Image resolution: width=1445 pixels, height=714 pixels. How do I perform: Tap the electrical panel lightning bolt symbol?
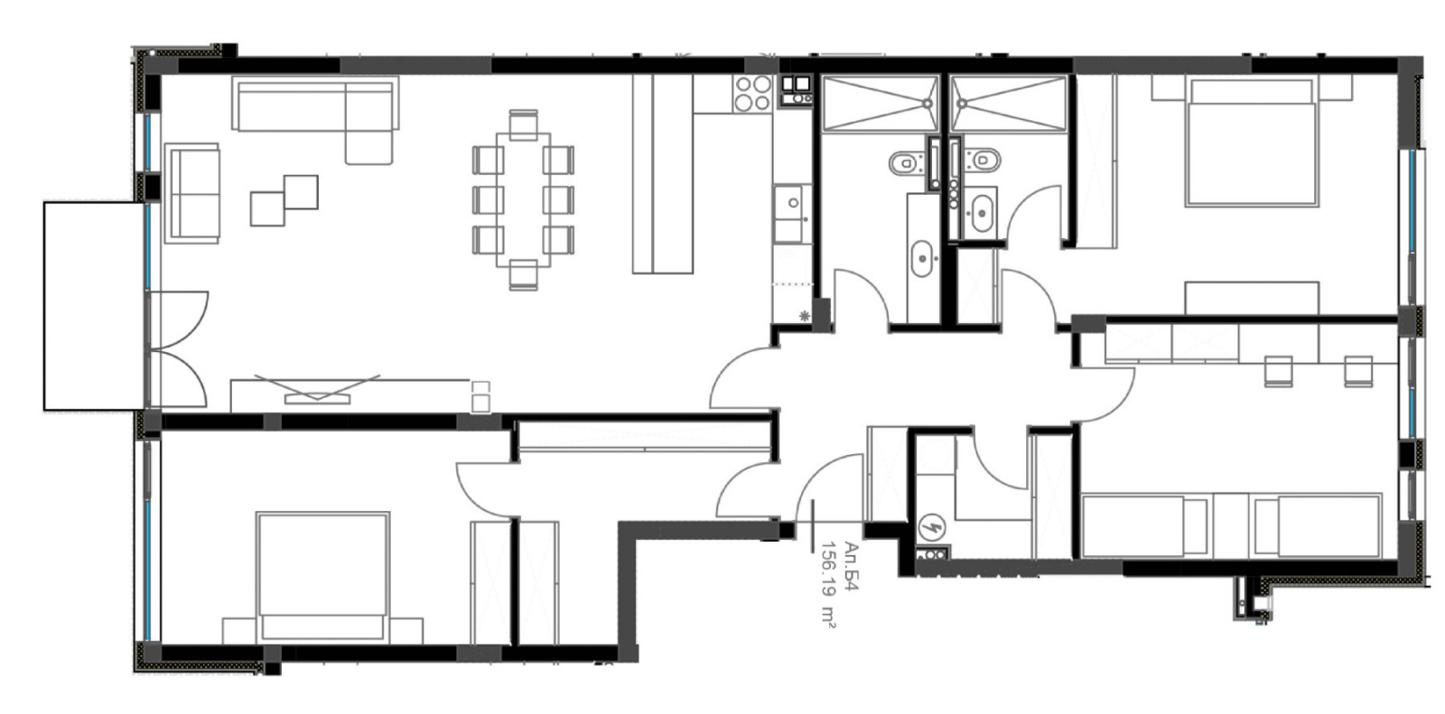930,526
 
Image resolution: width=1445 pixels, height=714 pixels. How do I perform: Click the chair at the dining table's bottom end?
523,274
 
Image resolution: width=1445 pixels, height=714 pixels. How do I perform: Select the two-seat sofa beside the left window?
191,191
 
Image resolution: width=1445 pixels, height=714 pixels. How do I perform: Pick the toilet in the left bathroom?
903,163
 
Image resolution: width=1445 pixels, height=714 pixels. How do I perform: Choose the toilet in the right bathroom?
983,161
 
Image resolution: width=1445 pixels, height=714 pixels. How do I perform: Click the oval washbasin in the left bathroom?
922,259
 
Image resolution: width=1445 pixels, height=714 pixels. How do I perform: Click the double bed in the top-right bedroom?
1251,143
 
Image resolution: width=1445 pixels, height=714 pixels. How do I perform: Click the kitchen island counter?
662,173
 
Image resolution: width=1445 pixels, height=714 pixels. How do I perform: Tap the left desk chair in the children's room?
1277,370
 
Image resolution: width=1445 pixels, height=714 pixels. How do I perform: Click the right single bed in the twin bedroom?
1317,525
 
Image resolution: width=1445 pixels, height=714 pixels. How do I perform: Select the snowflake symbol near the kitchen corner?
804,315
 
